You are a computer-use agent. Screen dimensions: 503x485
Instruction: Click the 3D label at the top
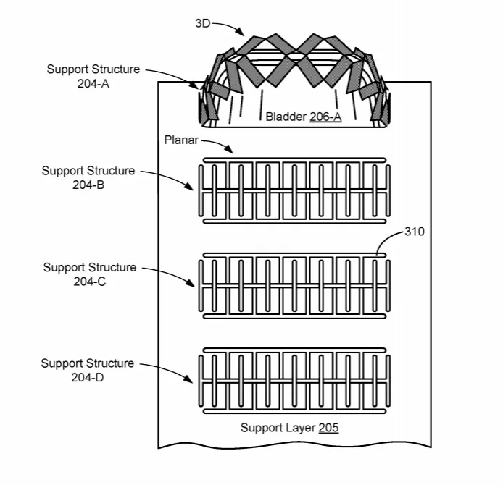point(202,23)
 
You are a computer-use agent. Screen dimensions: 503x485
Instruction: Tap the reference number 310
point(415,232)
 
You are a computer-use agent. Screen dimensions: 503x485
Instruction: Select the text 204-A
point(93,84)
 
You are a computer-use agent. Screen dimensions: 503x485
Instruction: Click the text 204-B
point(88,185)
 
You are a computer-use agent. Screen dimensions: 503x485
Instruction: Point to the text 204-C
point(89,282)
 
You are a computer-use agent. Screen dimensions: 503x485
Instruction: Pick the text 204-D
point(87,377)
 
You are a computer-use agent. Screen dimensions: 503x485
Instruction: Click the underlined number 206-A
point(325,117)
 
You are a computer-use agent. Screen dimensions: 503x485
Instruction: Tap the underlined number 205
point(328,428)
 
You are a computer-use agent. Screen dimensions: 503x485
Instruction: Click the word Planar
point(181,140)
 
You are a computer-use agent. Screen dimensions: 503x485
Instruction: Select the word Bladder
point(286,117)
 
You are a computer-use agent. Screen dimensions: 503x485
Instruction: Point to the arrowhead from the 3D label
point(240,32)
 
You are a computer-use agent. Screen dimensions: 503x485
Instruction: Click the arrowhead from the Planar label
point(229,149)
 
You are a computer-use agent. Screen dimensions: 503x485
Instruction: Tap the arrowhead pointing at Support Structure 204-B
point(188,186)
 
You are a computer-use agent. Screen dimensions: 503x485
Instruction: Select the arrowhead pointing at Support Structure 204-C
point(190,282)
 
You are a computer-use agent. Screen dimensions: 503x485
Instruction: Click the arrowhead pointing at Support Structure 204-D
point(188,379)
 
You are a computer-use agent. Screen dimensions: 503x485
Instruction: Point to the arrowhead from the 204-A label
point(194,85)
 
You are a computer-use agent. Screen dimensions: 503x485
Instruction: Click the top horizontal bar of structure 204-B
point(294,160)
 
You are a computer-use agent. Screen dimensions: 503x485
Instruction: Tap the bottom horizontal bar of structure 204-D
point(294,412)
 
